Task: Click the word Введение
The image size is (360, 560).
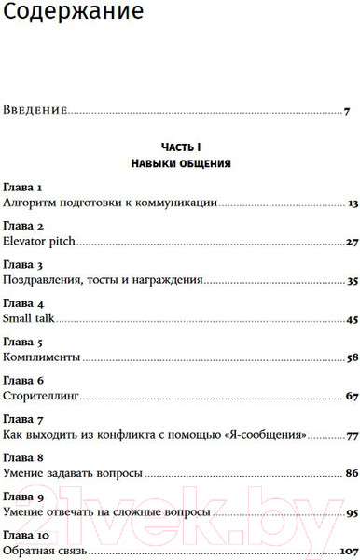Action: click(35, 111)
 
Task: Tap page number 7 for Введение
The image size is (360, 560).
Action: click(346, 111)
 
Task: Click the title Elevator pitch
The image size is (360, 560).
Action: click(39, 241)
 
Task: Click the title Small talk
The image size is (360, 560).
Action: click(30, 319)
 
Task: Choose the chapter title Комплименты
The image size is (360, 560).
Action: click(40, 357)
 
